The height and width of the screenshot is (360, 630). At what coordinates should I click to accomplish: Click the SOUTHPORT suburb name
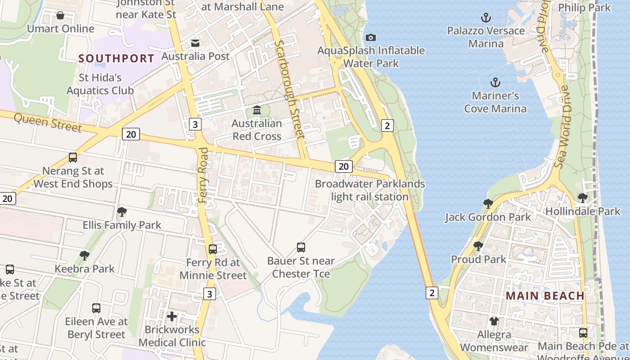click(117, 58)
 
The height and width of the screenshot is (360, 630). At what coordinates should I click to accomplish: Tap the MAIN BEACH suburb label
click(545, 296)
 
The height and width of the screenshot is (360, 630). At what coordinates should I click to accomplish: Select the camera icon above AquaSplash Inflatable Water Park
click(371, 37)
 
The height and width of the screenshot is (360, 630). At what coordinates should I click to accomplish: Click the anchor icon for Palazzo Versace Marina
click(486, 18)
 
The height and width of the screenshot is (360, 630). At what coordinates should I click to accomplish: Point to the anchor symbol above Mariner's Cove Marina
click(495, 82)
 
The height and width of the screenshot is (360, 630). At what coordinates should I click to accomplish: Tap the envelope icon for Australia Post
click(195, 43)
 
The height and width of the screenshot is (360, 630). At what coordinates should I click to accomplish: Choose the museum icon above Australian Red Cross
click(257, 110)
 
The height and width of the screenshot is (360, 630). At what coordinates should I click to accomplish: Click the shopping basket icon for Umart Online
click(60, 16)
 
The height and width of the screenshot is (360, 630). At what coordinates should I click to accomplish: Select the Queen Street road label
click(48, 122)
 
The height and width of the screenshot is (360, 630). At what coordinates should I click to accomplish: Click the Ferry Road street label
click(204, 175)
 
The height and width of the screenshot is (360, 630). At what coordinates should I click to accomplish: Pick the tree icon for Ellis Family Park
click(121, 211)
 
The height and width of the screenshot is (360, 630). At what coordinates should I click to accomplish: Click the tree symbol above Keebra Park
click(84, 256)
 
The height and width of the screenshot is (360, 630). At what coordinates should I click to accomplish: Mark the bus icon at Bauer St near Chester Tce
click(301, 247)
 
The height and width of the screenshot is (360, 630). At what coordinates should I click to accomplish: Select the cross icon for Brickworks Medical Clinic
click(171, 316)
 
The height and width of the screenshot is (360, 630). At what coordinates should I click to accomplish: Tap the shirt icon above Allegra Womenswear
click(494, 321)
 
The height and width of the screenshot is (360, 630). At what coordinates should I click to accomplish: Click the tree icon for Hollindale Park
click(582, 198)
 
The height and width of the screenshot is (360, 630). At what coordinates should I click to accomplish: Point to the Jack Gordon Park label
click(488, 217)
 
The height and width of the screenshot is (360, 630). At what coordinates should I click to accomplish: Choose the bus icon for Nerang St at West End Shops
click(73, 157)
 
